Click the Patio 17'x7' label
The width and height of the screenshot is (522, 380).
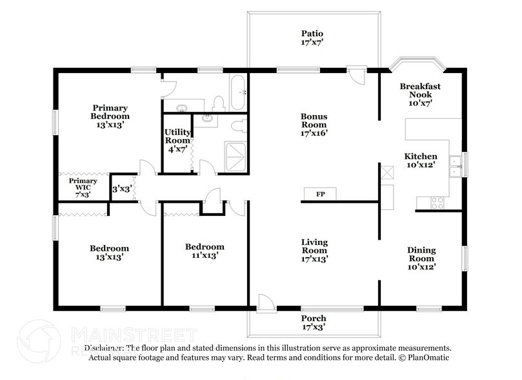coord(312,38)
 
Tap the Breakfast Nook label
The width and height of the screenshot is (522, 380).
coord(420,94)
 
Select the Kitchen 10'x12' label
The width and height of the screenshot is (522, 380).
coord(421,161)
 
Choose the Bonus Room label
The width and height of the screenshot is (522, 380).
coord(314,125)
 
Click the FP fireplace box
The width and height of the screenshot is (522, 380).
coord(320,194)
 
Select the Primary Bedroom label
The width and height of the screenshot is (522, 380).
coord(110,116)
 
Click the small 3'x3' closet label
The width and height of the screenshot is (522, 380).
coord(121,190)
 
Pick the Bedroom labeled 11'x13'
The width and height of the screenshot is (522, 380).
coord(205,251)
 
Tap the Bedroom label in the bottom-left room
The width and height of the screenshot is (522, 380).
coord(109,252)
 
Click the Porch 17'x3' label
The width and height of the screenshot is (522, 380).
coord(314,322)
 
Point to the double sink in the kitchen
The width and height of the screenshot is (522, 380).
coord(456,167)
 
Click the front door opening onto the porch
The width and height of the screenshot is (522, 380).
coord(265,302)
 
